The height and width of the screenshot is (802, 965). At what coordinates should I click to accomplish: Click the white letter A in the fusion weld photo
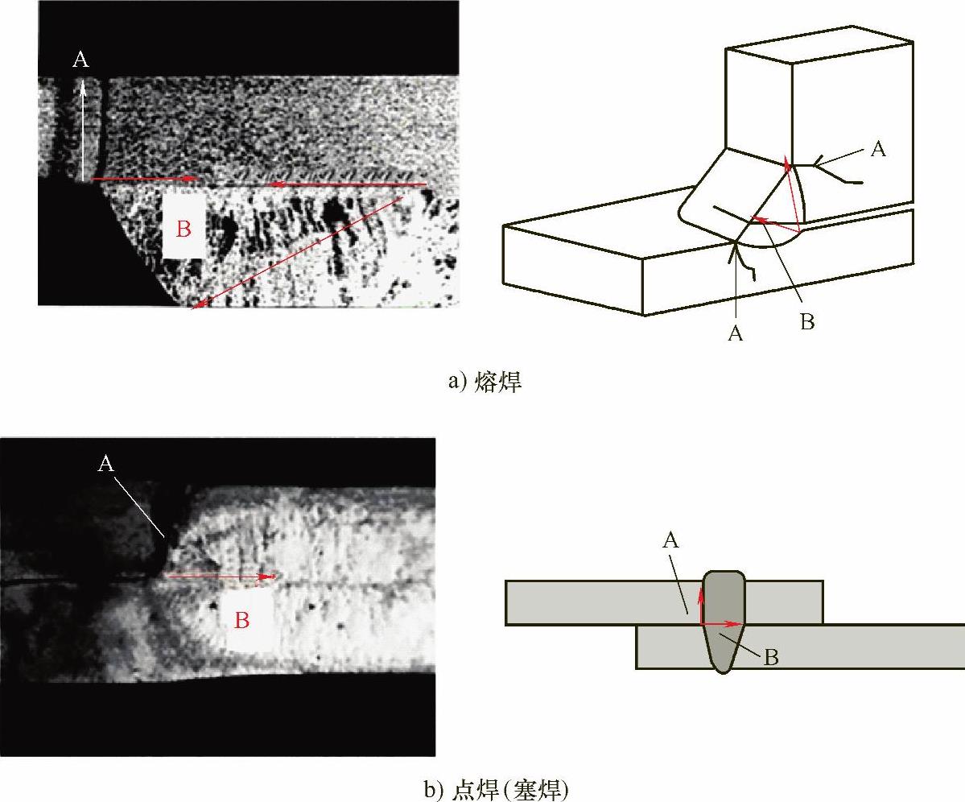[80, 59]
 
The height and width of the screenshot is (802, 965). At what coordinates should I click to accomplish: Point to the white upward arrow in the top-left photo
[82, 130]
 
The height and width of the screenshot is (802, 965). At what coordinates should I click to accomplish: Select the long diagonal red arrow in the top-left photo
[298, 252]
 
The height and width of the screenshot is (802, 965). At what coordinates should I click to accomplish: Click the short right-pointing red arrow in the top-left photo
[144, 179]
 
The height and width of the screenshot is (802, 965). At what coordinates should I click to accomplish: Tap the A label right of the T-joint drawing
[878, 148]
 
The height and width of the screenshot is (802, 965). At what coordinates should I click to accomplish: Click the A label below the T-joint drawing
[736, 333]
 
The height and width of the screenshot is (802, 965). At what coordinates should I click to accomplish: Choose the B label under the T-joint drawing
[806, 321]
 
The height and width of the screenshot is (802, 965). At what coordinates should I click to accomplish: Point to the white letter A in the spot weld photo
[106, 463]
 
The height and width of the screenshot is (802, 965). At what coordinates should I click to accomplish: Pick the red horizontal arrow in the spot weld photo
[221, 577]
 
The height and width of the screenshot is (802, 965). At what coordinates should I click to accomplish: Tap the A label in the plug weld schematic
[670, 540]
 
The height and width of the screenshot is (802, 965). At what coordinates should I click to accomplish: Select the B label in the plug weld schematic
[770, 657]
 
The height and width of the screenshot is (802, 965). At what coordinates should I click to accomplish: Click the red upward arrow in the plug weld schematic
[701, 606]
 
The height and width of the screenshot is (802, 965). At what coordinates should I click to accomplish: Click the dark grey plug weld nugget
[723, 621]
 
